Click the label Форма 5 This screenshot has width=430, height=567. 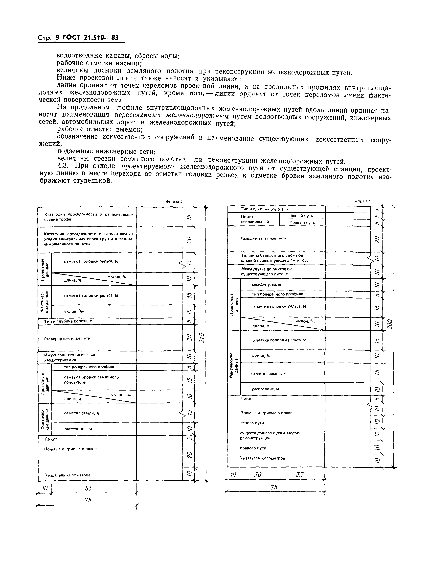363,201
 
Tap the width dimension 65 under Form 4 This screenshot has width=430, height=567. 88,488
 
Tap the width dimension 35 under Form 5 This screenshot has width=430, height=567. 299,475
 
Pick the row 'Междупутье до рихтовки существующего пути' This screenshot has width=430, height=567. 266,271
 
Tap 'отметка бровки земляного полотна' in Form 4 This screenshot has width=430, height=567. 91,380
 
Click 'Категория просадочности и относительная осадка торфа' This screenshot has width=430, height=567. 89,217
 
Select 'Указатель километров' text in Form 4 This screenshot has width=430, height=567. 68,475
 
